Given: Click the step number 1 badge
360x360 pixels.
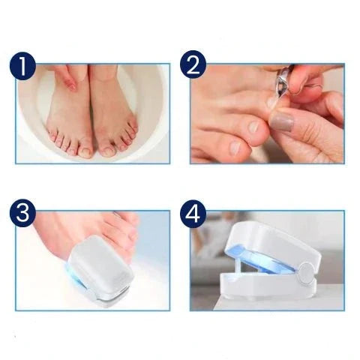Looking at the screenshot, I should pyautogui.click(x=22, y=67).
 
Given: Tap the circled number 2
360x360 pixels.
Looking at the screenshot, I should pyautogui.click(x=193, y=67).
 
